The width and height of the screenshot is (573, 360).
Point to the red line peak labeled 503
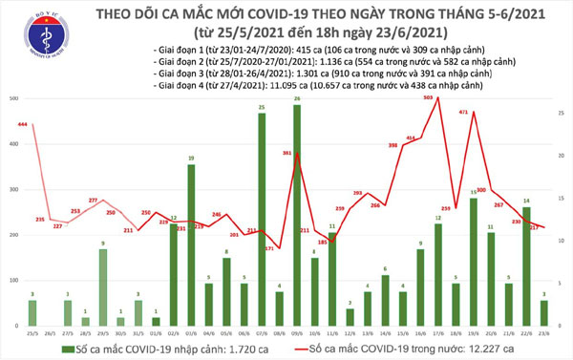437,98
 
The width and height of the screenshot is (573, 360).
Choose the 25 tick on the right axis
562,99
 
